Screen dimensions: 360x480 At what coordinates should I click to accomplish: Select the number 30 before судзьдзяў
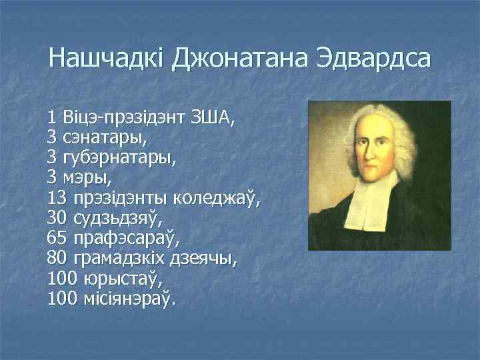pos(58,218)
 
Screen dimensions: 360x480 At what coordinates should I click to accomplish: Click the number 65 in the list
pos(58,238)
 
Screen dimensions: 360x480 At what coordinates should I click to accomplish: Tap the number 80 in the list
pos(58,258)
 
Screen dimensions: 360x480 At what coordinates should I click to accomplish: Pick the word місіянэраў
pos(127,297)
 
